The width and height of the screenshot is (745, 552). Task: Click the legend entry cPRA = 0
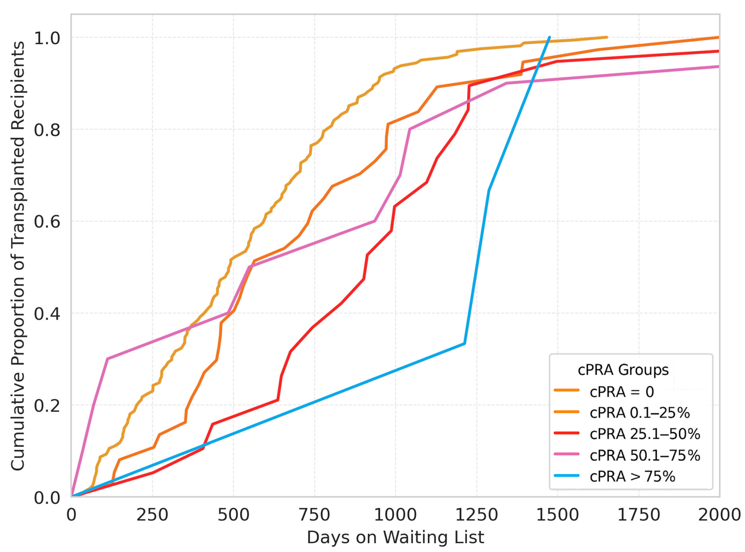pyautogui.click(x=621, y=392)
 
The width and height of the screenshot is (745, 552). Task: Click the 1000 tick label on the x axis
pyautogui.click(x=395, y=515)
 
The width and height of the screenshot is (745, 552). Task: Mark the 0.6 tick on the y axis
pyautogui.click(x=47, y=221)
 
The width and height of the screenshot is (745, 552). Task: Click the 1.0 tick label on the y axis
pyautogui.click(x=47, y=38)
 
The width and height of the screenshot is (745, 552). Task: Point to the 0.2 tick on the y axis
pyautogui.click(x=47, y=406)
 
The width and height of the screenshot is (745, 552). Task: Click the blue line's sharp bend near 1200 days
pyautogui.click(x=464, y=343)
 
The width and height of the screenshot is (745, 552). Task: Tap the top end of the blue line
pyautogui.click(x=550, y=37)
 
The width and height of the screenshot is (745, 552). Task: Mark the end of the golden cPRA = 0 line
pyautogui.click(x=607, y=37)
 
